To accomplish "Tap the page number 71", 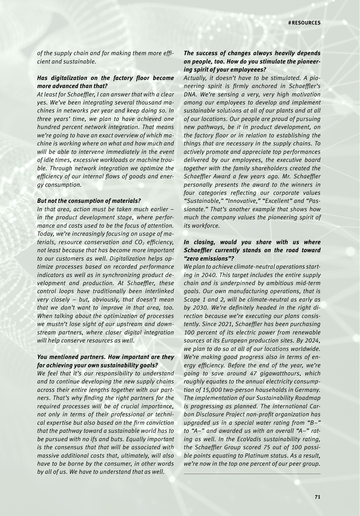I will pos(317,497).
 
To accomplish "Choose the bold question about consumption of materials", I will pos(89,201).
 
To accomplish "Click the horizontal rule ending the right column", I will pos(252,474).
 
